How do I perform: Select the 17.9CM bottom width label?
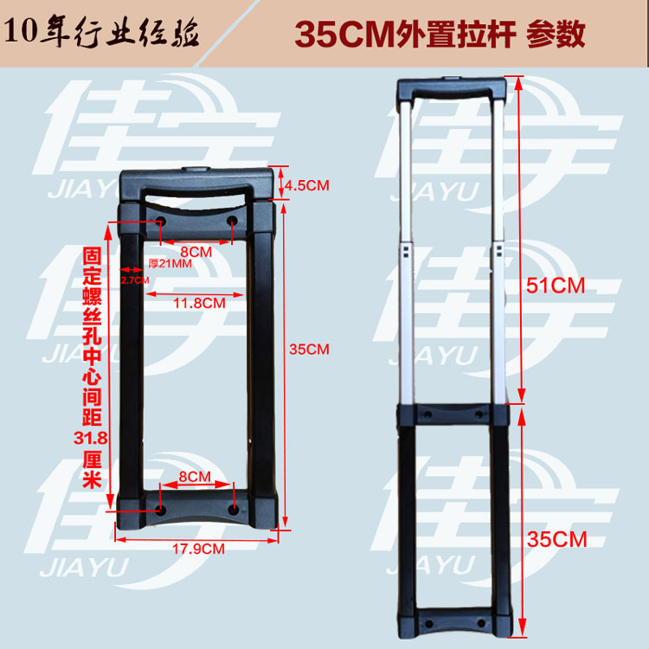[x=197, y=549]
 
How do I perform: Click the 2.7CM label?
[x=134, y=280]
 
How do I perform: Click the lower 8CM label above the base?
[x=195, y=477]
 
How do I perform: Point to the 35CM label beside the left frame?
[x=309, y=349]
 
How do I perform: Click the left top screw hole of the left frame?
[x=162, y=223]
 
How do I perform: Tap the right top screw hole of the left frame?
[x=232, y=223]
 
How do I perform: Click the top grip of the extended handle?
[x=453, y=87]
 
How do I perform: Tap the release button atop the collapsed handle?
[x=196, y=170]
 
